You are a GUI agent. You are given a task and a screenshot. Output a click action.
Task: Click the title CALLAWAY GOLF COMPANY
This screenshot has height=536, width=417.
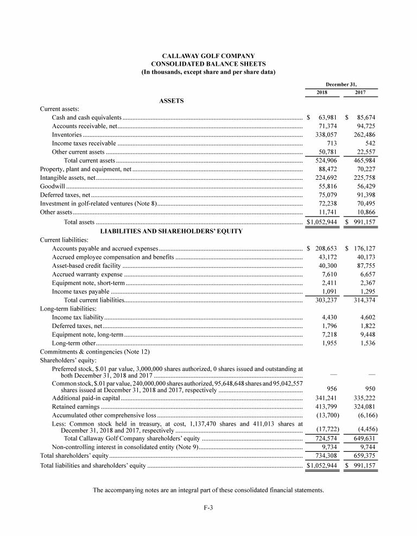[208, 56]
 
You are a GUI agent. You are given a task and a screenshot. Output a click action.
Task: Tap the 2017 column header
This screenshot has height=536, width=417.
[360, 92]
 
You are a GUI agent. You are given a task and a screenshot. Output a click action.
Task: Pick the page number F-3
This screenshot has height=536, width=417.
[208, 508]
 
